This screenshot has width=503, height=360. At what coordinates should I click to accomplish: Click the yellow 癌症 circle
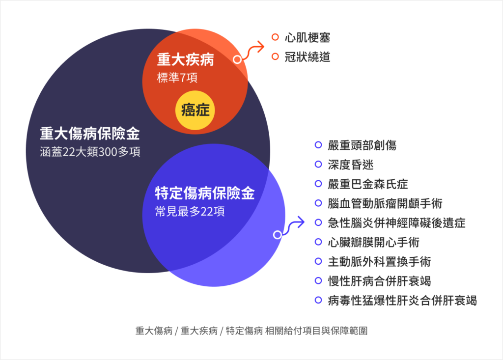[x=195, y=111]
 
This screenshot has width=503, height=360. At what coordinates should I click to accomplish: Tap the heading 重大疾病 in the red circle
[x=185, y=60]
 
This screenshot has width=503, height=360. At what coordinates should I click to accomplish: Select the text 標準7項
[x=177, y=78]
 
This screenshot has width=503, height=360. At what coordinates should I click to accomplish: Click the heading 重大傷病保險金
[x=90, y=134]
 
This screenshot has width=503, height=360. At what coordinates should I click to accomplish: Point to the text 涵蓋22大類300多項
[x=90, y=152]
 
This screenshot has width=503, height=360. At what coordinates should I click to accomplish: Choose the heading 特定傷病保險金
[x=205, y=193]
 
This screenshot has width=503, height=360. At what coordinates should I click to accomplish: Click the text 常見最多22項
[x=190, y=212]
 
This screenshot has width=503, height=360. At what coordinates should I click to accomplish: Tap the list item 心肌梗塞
[x=307, y=37]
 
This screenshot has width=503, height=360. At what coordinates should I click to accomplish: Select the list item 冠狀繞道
[x=307, y=57]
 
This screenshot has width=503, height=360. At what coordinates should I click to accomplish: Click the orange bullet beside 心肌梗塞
[x=275, y=37]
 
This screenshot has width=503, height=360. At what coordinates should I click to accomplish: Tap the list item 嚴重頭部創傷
[x=362, y=145]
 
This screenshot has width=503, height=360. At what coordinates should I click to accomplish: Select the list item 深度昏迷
[x=351, y=165]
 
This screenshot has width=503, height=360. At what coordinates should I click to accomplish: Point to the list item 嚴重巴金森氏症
[x=367, y=184]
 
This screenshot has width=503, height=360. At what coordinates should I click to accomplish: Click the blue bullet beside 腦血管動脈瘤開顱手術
[x=318, y=203]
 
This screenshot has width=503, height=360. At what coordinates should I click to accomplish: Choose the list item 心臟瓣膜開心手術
[x=373, y=242]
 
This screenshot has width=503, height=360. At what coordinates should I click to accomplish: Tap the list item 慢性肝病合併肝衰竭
[x=379, y=281]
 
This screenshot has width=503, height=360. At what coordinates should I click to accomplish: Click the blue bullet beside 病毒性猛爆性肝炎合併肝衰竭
[x=318, y=300]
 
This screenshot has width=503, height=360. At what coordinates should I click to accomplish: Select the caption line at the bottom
[x=251, y=331]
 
